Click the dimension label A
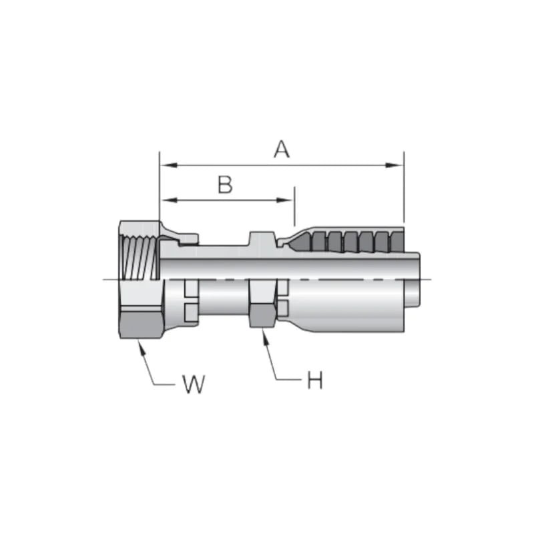282,150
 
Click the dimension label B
226,185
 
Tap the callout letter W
193,384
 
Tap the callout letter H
314,381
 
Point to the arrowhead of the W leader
139,342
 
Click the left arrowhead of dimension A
164,164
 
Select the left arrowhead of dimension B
164,200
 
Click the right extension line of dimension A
404,190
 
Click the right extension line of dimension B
294,210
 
